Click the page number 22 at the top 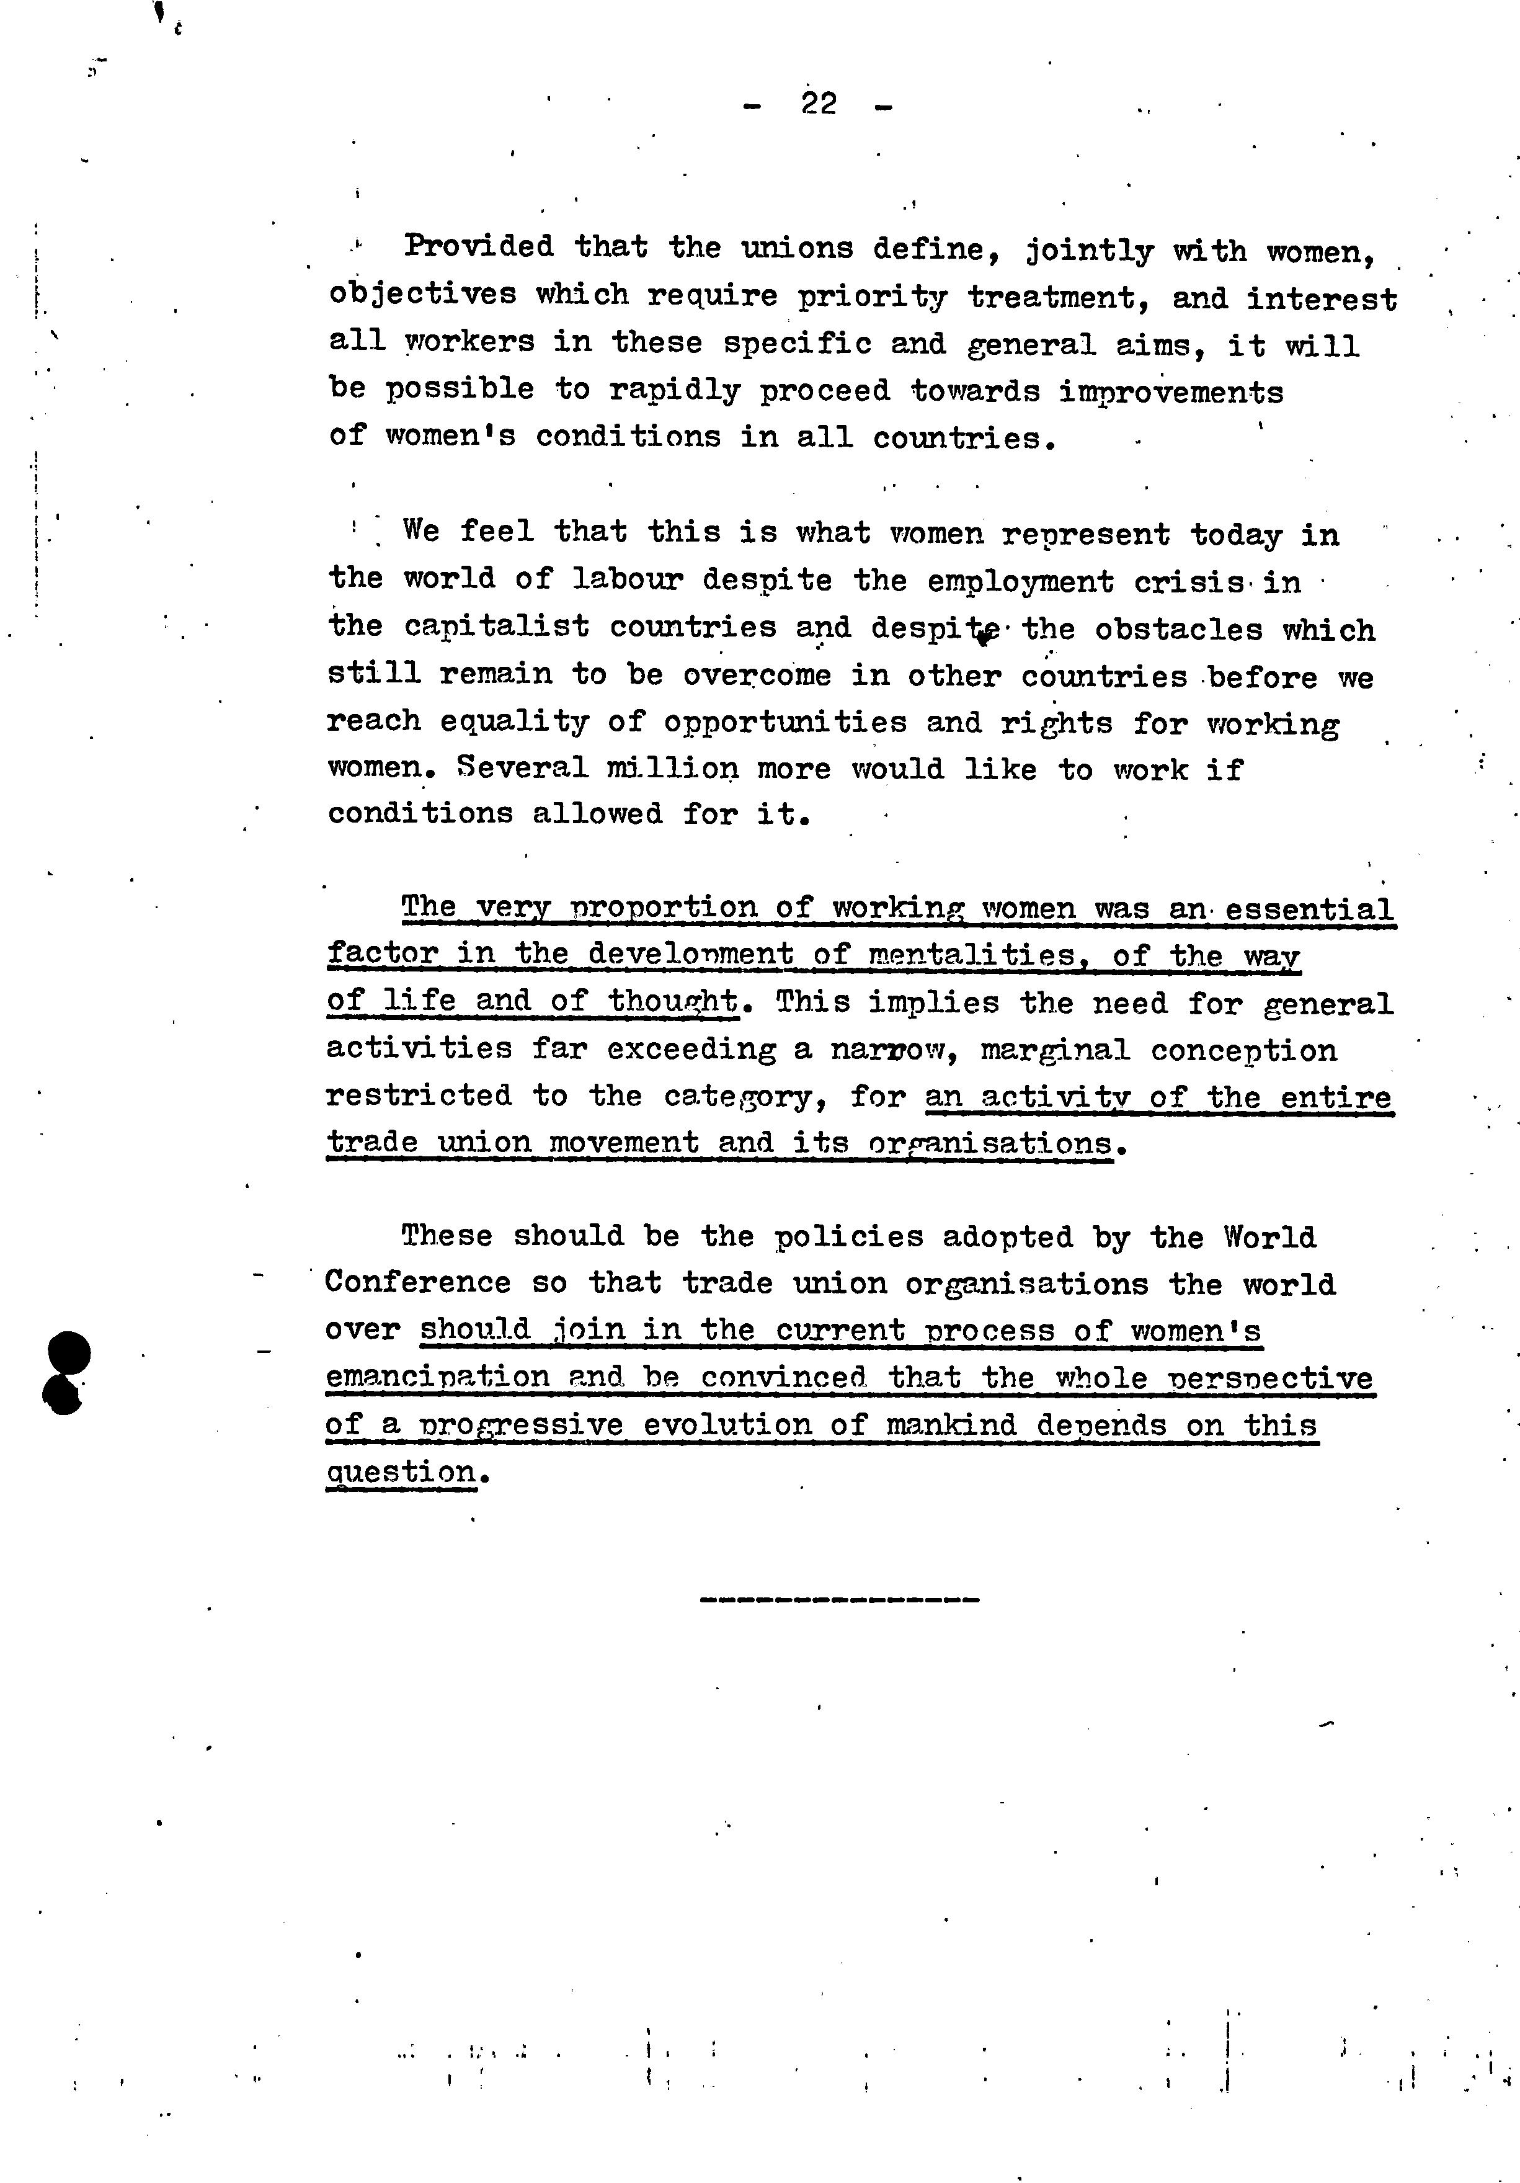click(819, 103)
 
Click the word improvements click(1171, 391)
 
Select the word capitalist click(496, 627)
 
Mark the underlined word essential click(1309, 909)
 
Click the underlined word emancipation click(437, 1377)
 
